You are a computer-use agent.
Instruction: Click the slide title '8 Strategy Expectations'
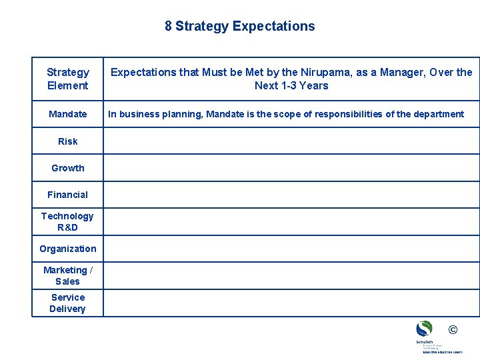point(239,27)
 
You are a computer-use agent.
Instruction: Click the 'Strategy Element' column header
point(67,79)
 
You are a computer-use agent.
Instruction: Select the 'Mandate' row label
point(67,114)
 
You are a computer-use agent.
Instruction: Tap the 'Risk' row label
point(67,141)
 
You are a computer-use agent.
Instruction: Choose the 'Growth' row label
point(67,168)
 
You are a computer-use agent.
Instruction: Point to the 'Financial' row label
point(67,195)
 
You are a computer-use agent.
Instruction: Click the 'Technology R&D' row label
point(67,221)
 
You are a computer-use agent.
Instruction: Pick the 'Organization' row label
point(67,249)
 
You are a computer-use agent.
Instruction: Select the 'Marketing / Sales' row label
point(67,275)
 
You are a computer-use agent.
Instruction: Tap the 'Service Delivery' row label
point(67,303)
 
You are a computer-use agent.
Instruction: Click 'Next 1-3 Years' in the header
point(291,85)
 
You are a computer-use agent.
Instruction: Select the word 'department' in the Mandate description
point(438,114)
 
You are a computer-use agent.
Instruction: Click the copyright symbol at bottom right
point(453,329)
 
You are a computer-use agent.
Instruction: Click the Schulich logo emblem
point(424,329)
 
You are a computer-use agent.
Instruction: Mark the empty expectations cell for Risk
point(291,141)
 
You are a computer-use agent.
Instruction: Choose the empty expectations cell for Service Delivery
point(291,303)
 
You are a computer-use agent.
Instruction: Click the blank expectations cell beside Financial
point(291,195)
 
